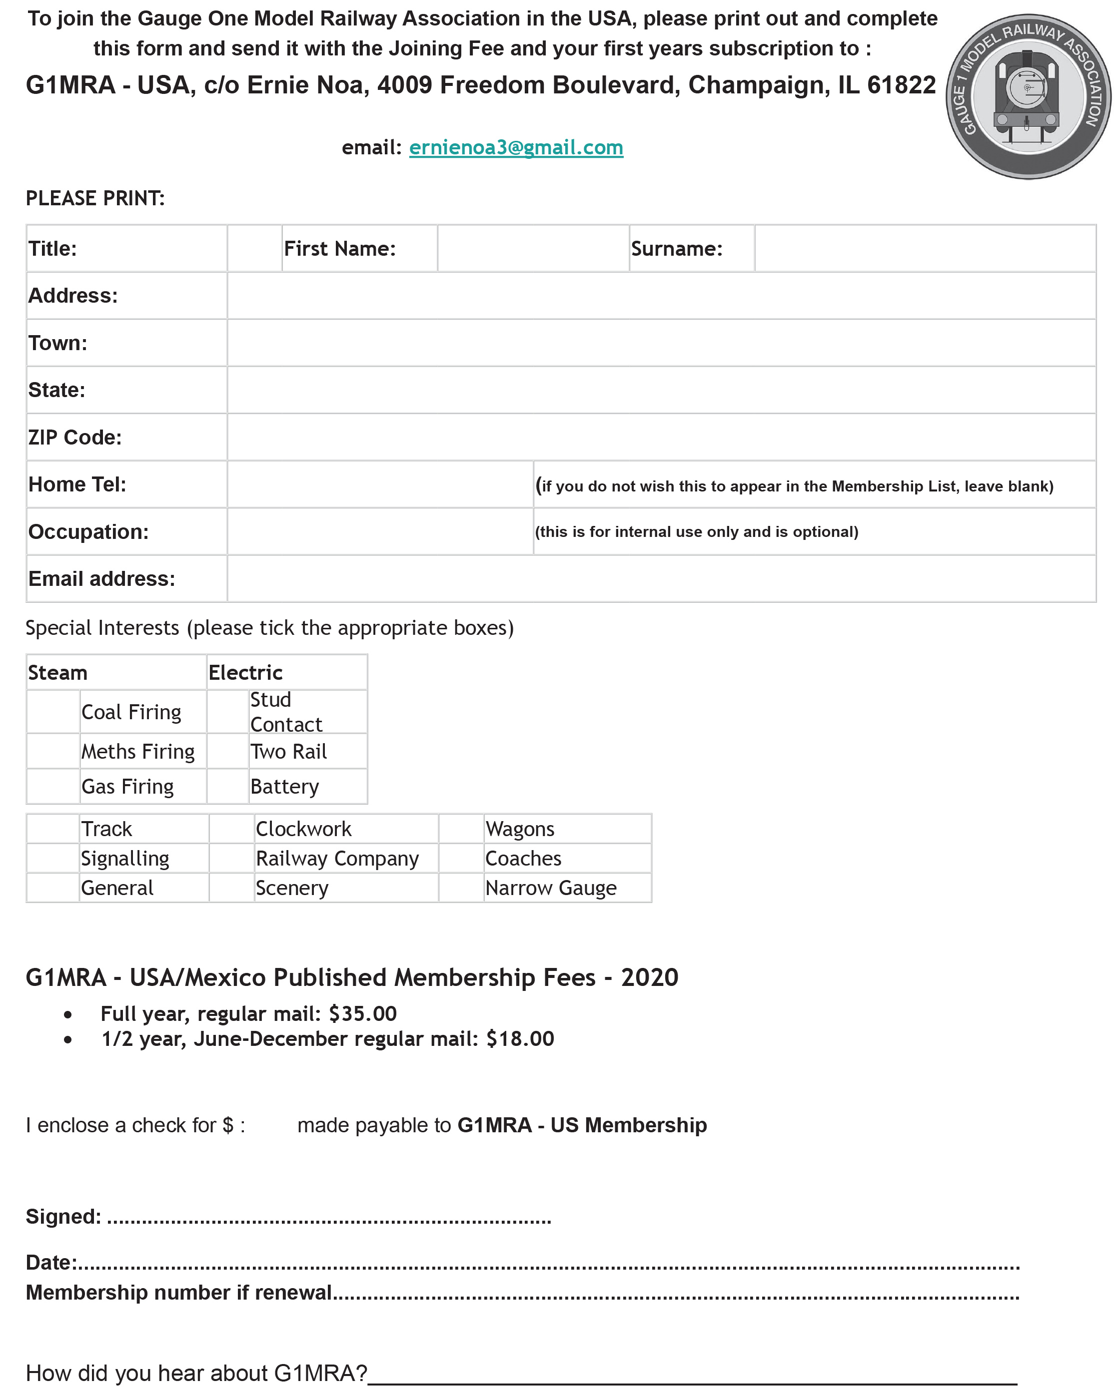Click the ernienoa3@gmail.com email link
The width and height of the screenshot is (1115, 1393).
tap(516, 148)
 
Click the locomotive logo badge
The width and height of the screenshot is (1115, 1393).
tap(1028, 97)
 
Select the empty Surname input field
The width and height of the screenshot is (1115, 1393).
tap(924, 249)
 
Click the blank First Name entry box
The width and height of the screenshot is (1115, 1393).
tap(533, 249)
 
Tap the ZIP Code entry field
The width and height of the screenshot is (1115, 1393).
tap(661, 438)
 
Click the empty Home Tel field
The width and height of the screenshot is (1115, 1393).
tap(380, 484)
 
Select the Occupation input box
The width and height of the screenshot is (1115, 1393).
tap(380, 532)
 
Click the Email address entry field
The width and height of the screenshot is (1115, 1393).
tap(661, 579)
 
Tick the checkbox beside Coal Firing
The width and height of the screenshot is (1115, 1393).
tap(53, 712)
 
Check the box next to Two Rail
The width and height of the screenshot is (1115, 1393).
tap(227, 751)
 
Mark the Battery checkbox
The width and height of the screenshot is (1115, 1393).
tap(227, 786)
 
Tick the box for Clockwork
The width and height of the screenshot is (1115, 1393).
tap(231, 829)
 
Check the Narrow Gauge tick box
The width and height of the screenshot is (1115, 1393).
tap(461, 888)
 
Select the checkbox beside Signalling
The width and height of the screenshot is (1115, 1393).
tap(53, 859)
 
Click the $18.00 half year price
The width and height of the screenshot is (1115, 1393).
tap(520, 1039)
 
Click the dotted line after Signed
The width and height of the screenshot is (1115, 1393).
tap(330, 1218)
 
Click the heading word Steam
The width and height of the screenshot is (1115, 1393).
tap(57, 673)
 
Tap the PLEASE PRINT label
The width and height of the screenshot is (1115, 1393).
tap(95, 198)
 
